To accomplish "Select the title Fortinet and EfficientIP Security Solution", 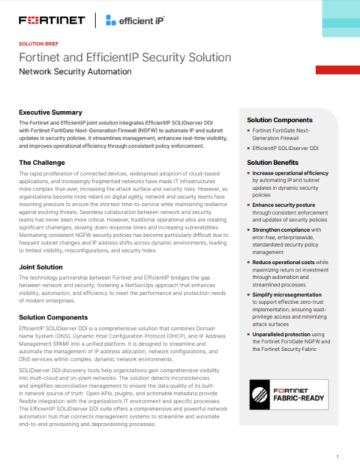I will pos(124,58).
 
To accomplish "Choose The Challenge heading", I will pos(46,162).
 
